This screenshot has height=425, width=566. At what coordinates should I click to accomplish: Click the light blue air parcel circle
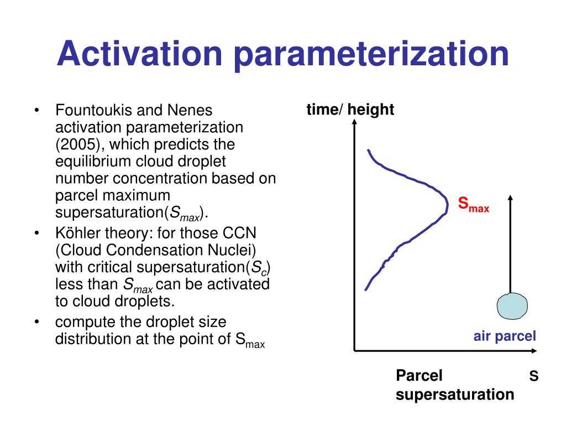click(x=512, y=306)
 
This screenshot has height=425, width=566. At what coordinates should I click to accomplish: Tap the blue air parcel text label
click(x=505, y=336)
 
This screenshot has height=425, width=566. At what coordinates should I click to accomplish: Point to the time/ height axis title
click(x=350, y=110)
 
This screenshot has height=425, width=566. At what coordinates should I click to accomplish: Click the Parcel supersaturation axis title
click(x=455, y=385)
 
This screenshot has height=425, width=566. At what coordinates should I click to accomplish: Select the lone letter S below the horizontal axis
click(x=534, y=376)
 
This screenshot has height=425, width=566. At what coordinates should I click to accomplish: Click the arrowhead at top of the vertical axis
click(x=354, y=122)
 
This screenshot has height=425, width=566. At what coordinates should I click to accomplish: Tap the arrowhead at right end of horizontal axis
click(x=534, y=350)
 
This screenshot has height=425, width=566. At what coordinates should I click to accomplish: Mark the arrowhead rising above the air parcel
click(x=510, y=198)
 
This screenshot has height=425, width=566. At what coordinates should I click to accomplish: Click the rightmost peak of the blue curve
click(x=448, y=205)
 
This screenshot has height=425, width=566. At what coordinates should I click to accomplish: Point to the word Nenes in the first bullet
click(x=190, y=110)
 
